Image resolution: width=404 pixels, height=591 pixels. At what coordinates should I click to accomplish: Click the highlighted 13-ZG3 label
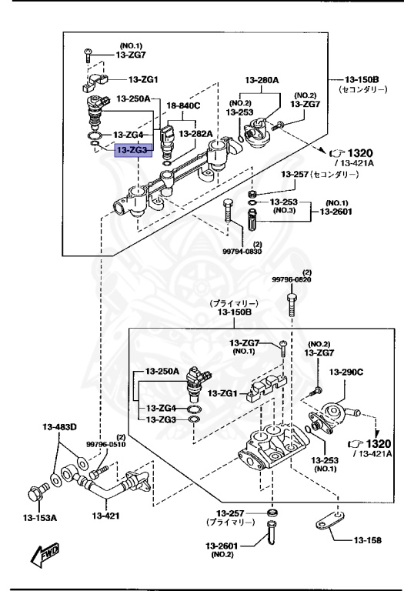coord(134,150)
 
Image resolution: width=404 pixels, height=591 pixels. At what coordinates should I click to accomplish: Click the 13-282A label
coord(195,133)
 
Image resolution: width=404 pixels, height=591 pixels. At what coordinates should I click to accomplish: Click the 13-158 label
coord(369,541)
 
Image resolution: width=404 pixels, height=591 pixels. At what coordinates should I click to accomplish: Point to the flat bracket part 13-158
coord(327,525)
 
